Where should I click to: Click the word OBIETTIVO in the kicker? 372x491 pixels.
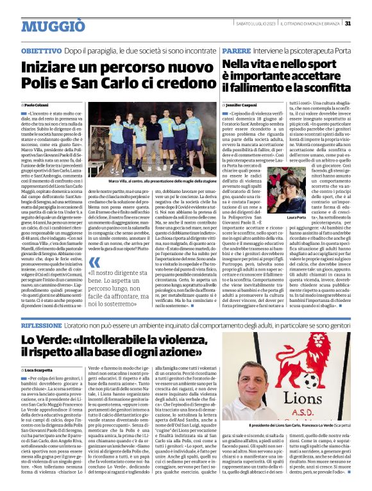(x=41, y=49)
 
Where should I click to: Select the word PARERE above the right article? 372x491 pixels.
(x=236, y=49)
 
